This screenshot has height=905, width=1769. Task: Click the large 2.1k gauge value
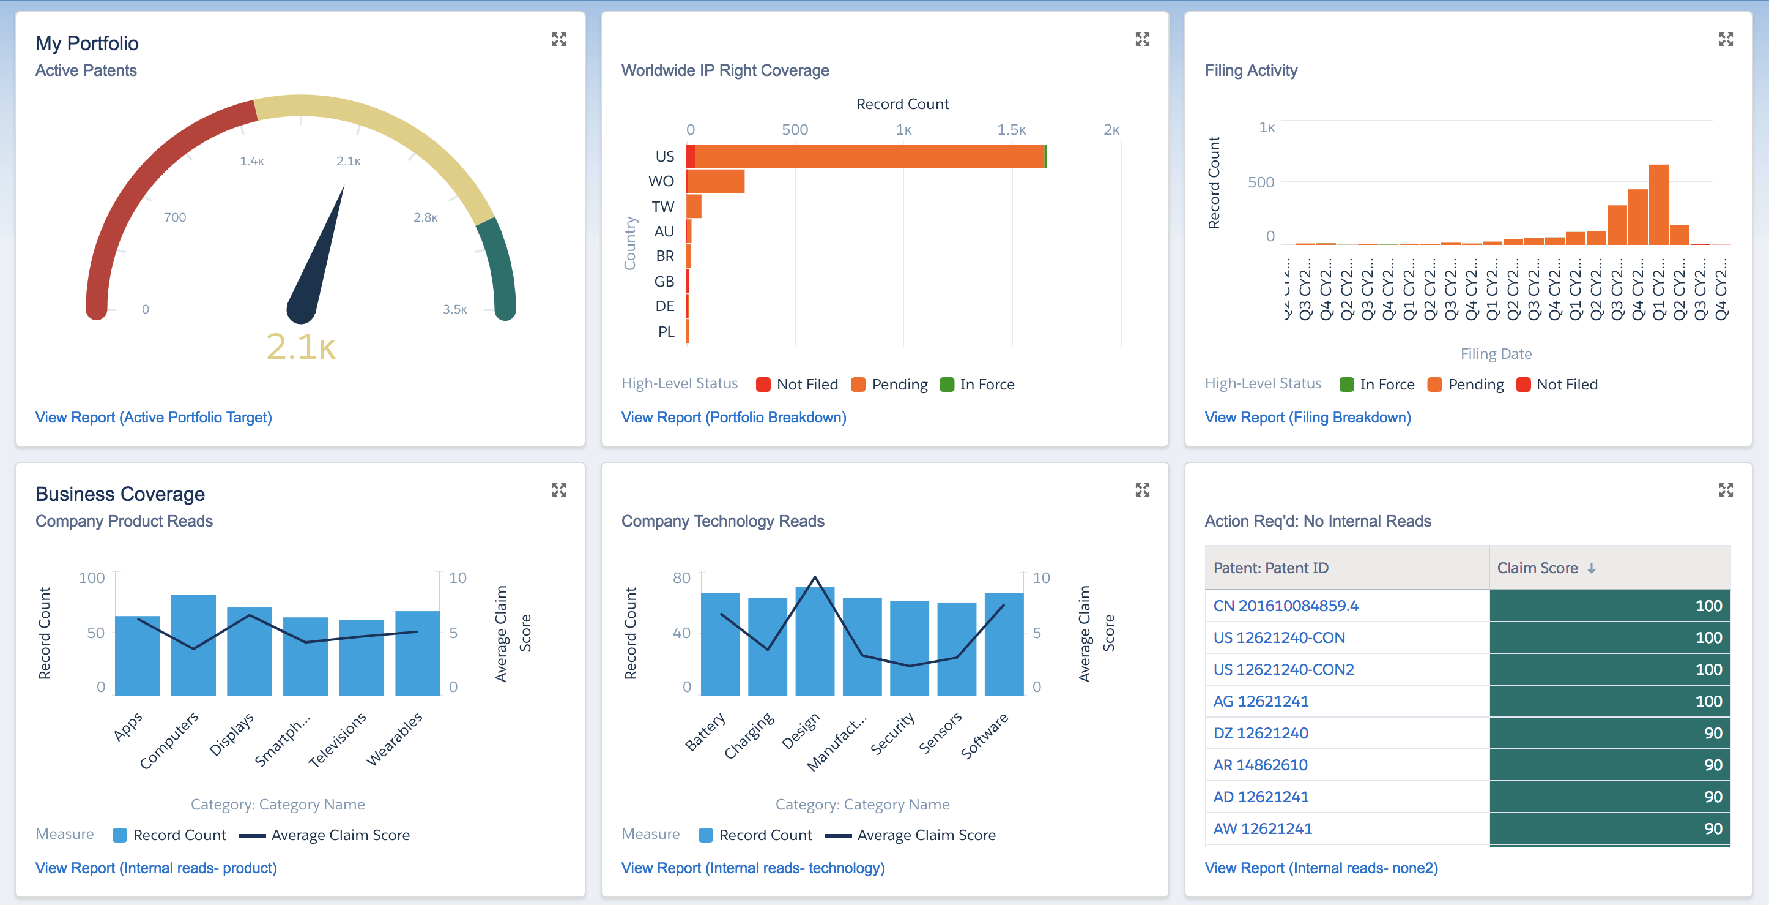pyautogui.click(x=301, y=347)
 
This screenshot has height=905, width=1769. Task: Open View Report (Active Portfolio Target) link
pyautogui.click(x=153, y=417)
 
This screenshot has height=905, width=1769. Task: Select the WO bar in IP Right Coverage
pyautogui.click(x=716, y=181)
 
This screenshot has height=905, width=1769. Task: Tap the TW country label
pyautogui.click(x=662, y=206)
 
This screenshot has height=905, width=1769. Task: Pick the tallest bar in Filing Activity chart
pyautogui.click(x=1658, y=205)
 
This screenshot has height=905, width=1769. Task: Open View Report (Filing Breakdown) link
pyautogui.click(x=1308, y=417)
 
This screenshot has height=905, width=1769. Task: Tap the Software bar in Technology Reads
pyautogui.click(x=1003, y=644)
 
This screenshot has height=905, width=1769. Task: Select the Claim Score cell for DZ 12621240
pyautogui.click(x=1609, y=733)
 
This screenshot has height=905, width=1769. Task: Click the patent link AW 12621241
pyautogui.click(x=1262, y=828)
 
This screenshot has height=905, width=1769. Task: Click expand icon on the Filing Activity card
pyautogui.click(x=1726, y=39)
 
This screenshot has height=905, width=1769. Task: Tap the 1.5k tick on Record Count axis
pyautogui.click(x=1011, y=130)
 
